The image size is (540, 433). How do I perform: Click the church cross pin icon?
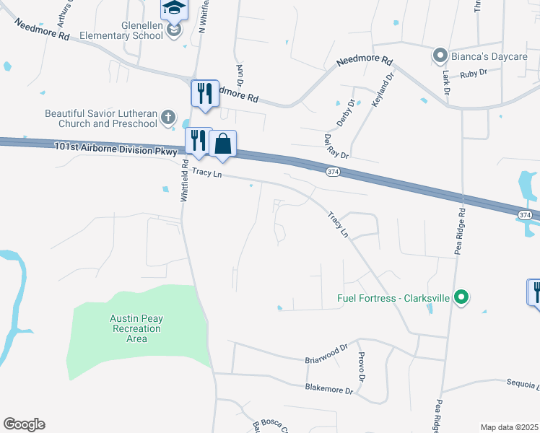tap(167, 118)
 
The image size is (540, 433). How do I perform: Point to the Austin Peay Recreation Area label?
tap(136, 328)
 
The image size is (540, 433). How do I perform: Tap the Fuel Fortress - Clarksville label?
tap(393, 297)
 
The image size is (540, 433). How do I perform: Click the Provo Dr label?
tap(362, 368)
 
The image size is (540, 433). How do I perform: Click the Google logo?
tap(24, 424)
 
